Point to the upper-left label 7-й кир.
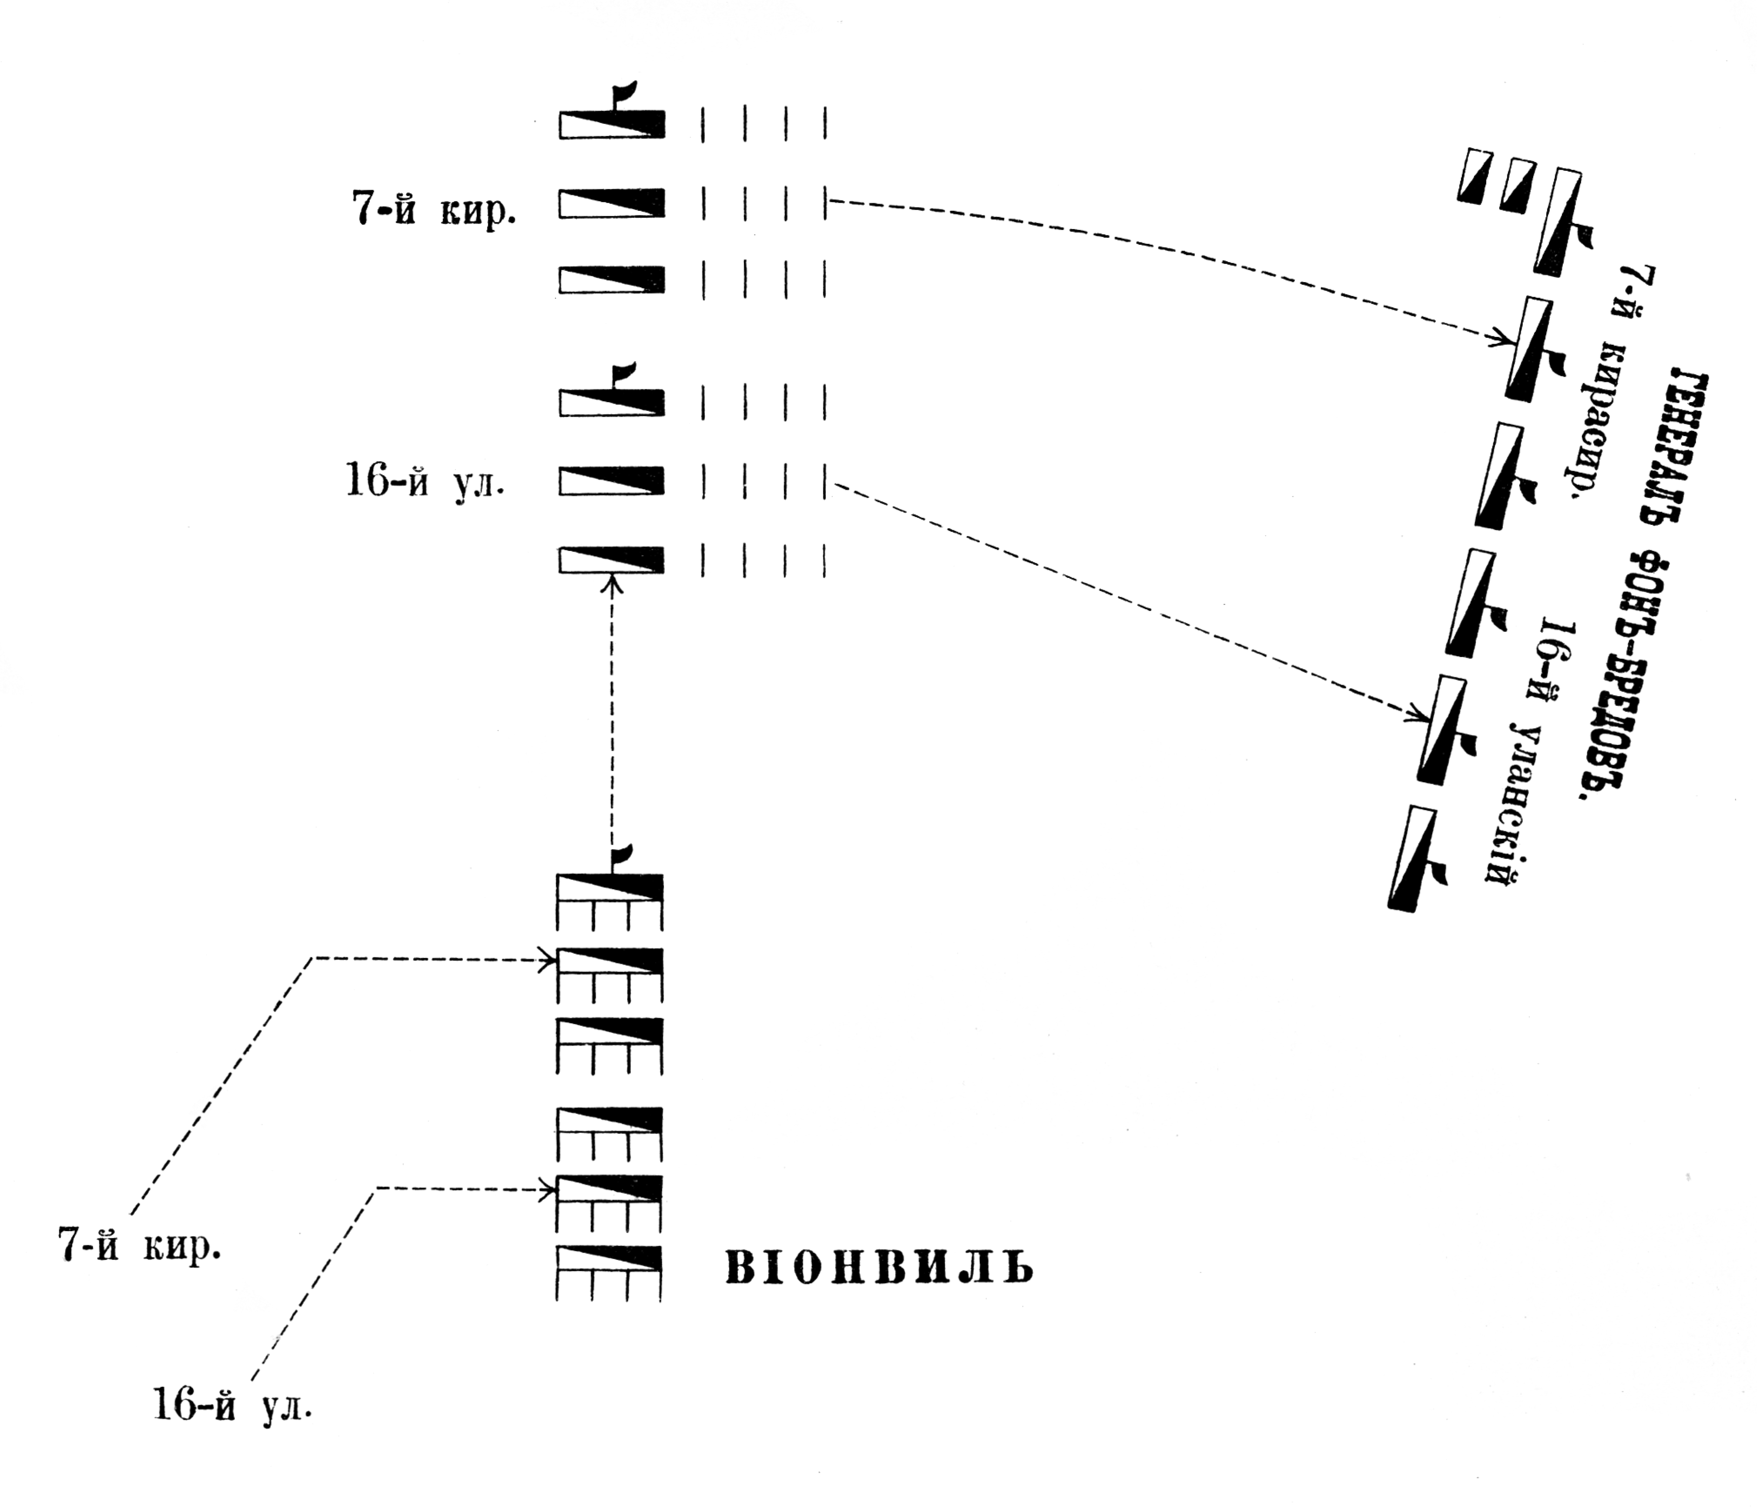pos(433,208)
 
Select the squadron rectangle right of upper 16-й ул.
pos(611,481)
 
